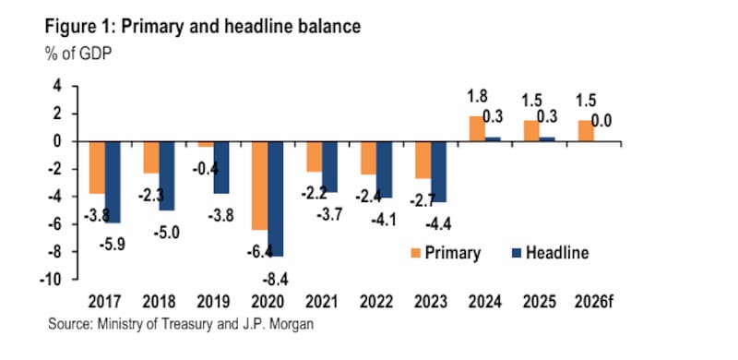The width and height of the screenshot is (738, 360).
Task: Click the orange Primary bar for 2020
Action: click(260, 186)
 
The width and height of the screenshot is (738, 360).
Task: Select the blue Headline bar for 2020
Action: click(276, 198)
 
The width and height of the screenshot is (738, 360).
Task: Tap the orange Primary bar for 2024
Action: click(477, 128)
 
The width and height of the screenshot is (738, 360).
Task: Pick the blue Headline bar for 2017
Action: click(113, 182)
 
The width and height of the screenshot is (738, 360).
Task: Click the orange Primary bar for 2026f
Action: click(586, 131)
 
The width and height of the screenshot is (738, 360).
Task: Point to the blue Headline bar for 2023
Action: click(439, 172)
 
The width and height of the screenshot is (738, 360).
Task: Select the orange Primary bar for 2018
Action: click(151, 157)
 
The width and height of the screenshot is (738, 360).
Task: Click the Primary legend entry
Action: click(446, 253)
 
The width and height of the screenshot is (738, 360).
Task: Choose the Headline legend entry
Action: click(550, 253)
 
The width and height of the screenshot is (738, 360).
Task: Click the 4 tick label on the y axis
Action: click(59, 86)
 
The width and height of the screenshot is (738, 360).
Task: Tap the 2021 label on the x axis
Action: click(322, 302)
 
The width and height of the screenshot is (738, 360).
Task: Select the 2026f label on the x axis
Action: click(594, 302)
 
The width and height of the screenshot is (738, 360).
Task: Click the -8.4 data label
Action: click(275, 280)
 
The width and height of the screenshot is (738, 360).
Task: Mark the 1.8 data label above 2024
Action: click(477, 96)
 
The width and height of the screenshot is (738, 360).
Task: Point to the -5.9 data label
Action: click(112, 245)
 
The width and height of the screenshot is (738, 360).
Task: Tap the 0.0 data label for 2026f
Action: click(601, 121)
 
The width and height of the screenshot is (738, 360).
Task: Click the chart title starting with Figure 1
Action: click(203, 28)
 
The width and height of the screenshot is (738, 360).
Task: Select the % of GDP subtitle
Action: click(78, 54)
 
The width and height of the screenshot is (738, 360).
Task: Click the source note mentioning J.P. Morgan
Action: click(181, 325)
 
